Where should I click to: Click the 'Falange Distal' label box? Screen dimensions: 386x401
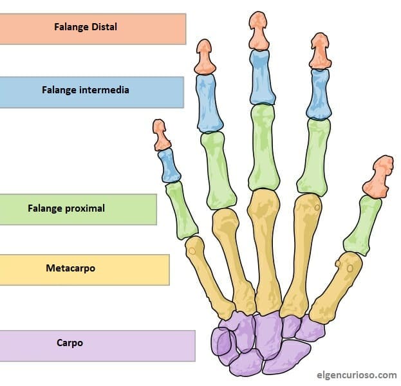[93, 28]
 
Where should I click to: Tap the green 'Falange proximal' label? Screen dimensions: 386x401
[78, 209]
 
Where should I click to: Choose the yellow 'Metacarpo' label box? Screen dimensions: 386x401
[84, 269]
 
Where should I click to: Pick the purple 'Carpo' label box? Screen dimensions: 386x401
[97, 345]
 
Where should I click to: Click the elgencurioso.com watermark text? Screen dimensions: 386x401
[358, 374]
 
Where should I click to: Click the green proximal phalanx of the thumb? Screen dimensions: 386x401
[362, 225]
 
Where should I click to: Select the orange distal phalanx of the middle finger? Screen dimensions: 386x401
[259, 30]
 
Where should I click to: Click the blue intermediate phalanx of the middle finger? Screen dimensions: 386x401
[261, 77]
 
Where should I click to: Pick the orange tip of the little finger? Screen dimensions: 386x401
[160, 135]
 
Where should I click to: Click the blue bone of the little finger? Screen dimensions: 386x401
[170, 166]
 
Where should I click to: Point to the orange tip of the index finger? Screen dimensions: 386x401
[320, 51]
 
